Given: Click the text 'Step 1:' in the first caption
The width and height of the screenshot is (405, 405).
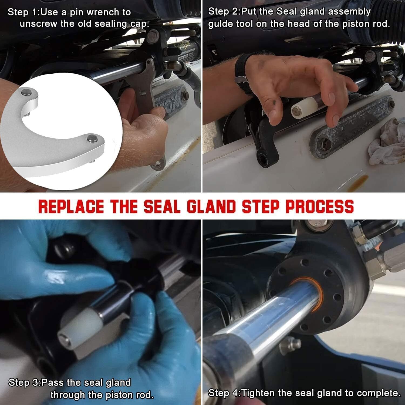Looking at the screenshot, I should point(24,12).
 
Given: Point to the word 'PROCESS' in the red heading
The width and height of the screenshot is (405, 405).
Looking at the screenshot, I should point(320,206).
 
